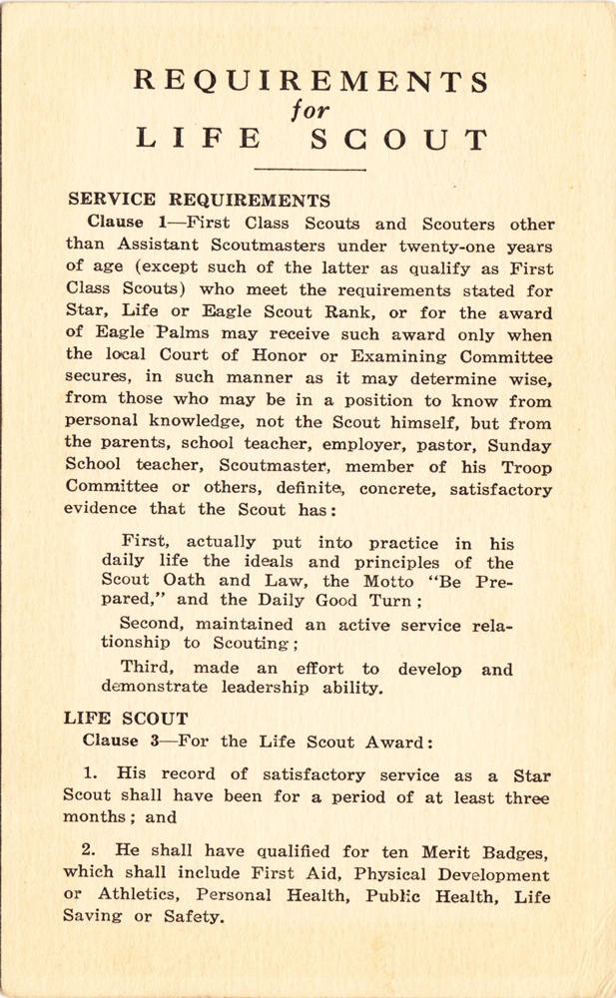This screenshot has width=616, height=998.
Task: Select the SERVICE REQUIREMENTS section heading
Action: (x=197, y=201)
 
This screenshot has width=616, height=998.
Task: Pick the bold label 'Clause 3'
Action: (x=117, y=741)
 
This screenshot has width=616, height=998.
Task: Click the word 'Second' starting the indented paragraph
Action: (x=156, y=626)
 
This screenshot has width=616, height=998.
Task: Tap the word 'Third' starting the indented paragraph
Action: (x=150, y=670)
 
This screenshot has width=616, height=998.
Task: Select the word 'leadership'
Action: (x=241, y=688)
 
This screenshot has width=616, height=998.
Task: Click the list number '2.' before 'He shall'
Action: (x=90, y=850)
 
